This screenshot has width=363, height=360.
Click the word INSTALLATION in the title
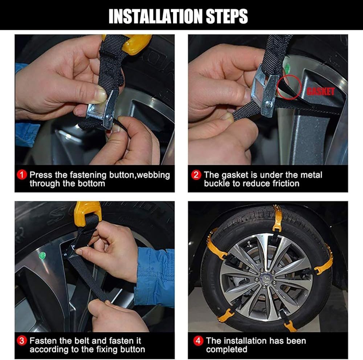click(x=156, y=16)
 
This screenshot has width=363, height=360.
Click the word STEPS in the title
click(x=227, y=16)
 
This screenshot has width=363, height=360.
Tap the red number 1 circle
click(x=22, y=175)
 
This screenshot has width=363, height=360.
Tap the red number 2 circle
click(x=196, y=175)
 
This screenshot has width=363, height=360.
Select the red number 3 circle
click(x=22, y=341)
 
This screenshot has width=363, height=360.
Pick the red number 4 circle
click(x=198, y=341)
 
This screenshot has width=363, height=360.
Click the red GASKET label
click(x=321, y=92)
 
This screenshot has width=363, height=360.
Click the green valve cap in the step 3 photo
click(x=42, y=255)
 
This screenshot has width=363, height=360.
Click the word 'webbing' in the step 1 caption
click(x=153, y=175)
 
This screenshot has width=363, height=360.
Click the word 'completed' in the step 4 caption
click(x=227, y=349)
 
